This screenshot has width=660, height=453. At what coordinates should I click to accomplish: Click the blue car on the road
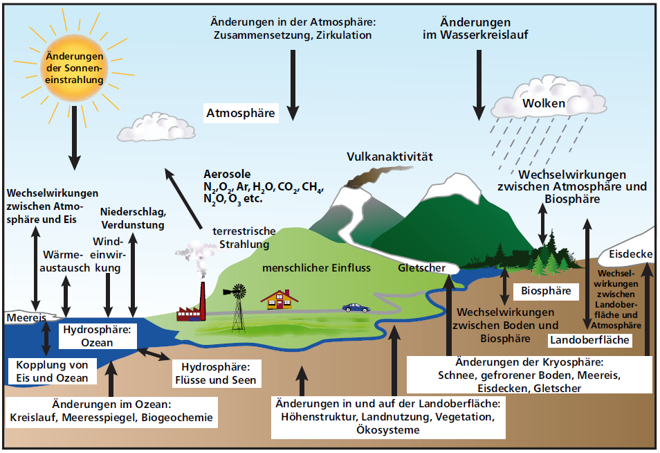[356, 308]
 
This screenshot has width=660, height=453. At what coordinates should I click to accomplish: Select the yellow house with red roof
[279, 299]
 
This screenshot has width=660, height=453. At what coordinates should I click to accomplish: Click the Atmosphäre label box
[240, 113]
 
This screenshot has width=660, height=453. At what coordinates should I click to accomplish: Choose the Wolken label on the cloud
[543, 104]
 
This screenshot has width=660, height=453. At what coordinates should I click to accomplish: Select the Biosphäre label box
[546, 291]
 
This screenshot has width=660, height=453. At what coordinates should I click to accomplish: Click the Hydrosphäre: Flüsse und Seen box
[215, 373]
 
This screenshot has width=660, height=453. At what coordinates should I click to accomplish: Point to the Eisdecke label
[630, 255]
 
